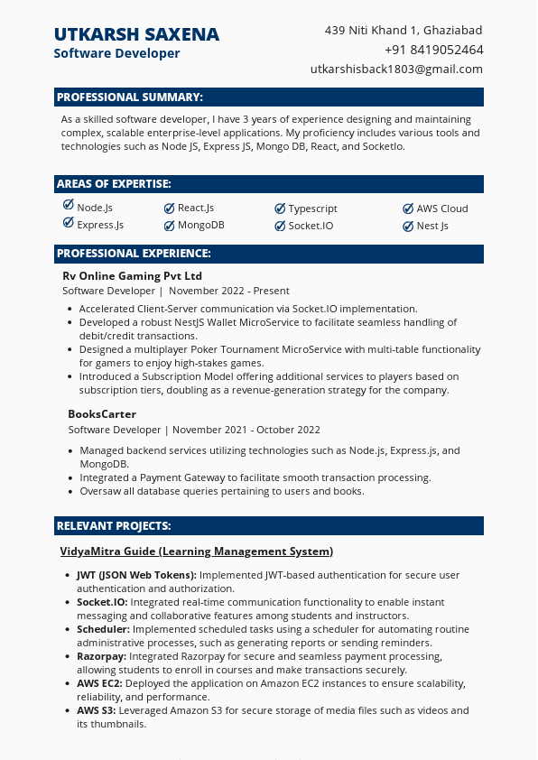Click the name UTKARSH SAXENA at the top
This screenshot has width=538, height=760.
tap(136, 34)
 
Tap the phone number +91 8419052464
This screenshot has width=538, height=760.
tap(433, 50)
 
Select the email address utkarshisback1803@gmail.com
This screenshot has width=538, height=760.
tap(396, 69)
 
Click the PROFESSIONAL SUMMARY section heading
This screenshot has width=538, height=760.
tap(130, 97)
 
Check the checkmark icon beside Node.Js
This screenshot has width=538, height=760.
tap(69, 207)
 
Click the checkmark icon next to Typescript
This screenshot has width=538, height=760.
tap(280, 208)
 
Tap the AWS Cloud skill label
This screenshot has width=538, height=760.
tap(441, 209)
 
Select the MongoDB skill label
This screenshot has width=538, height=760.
tap(200, 226)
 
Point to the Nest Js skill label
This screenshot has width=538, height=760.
tap(431, 226)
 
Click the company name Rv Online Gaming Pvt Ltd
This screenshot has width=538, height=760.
tap(132, 275)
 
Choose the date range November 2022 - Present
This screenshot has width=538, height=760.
tap(229, 291)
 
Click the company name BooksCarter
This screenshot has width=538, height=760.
tap(102, 413)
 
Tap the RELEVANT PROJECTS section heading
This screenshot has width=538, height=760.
tap(114, 526)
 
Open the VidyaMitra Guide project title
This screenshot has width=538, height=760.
tap(196, 551)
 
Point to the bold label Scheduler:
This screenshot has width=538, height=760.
tap(103, 629)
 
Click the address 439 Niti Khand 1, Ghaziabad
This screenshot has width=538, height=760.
tap(403, 30)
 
